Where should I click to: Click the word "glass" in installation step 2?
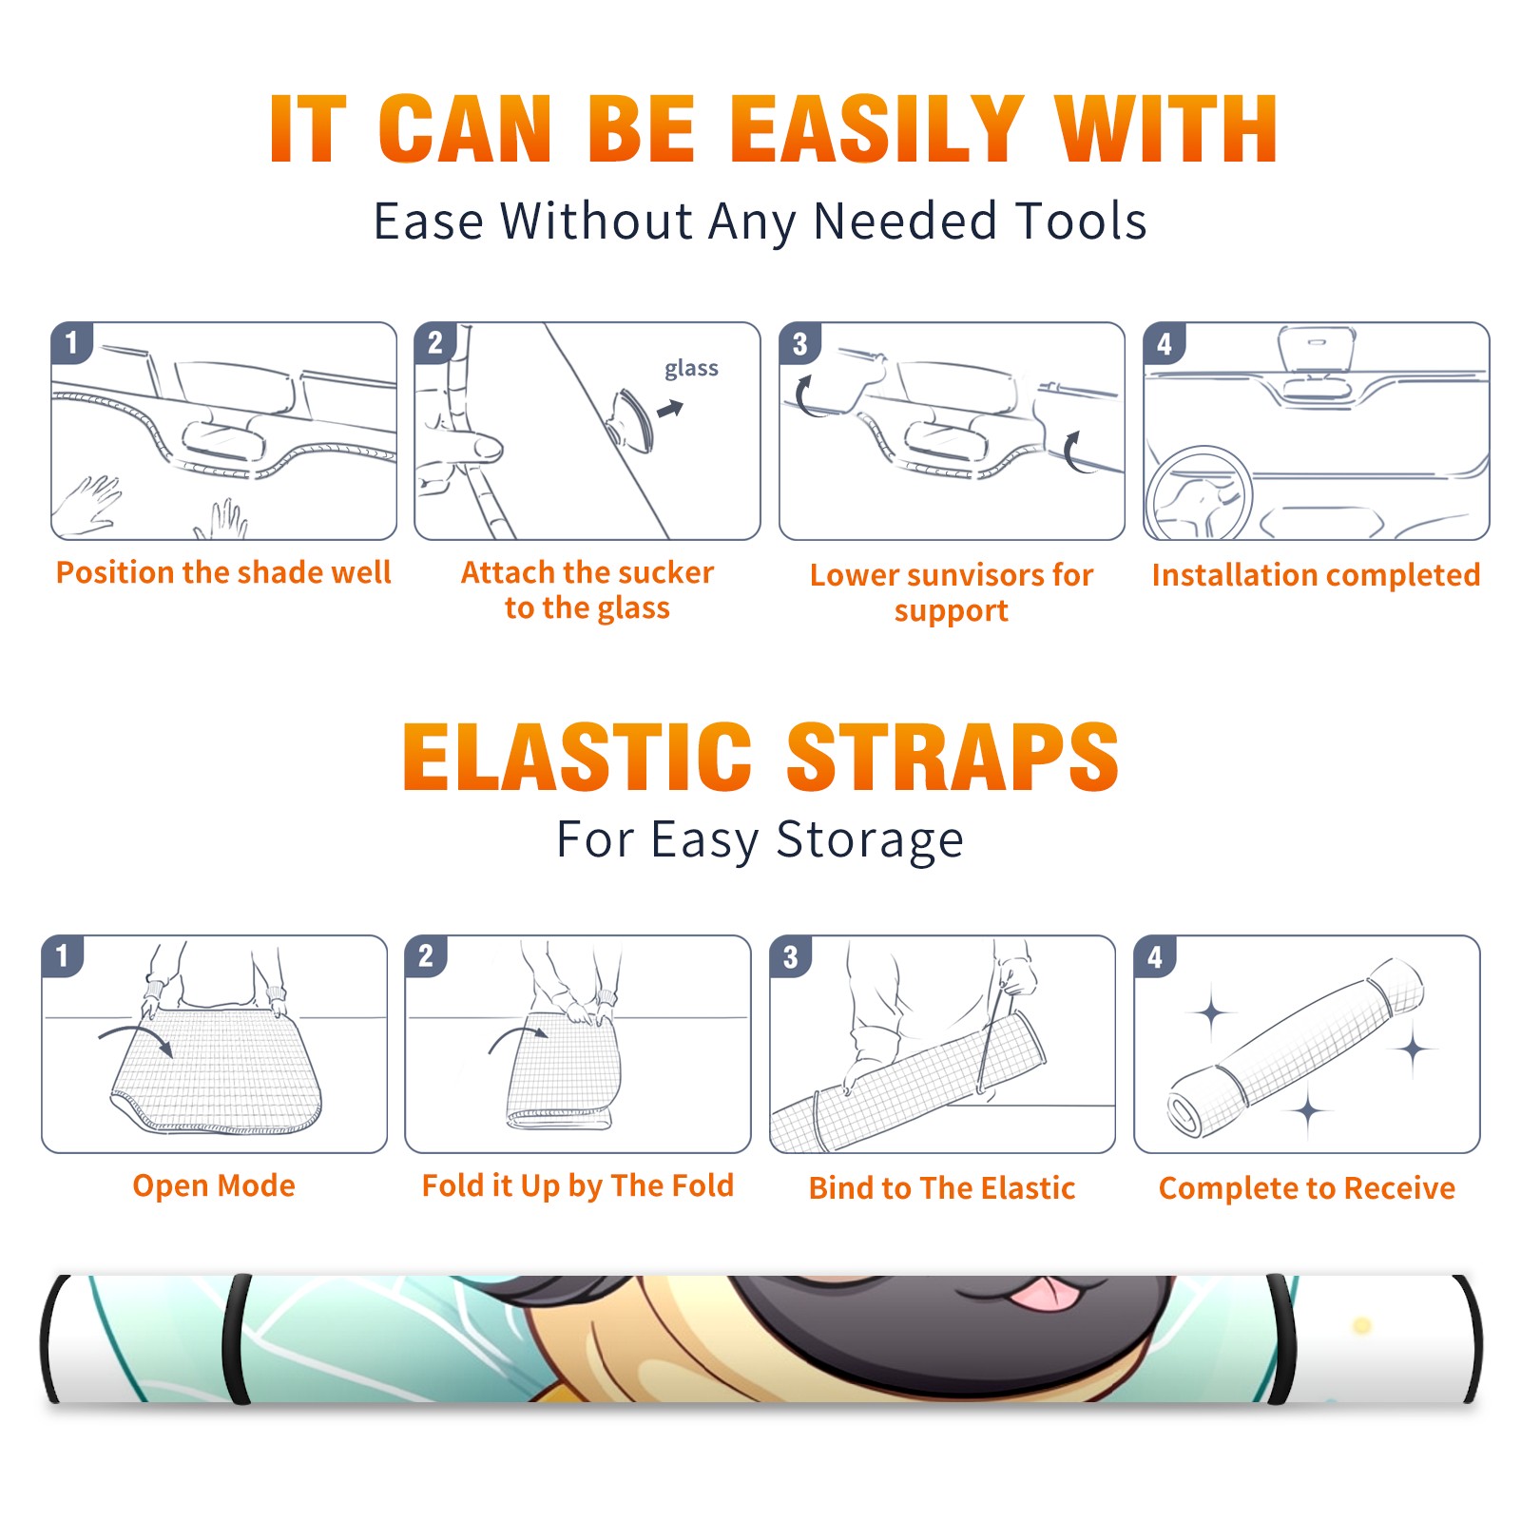[x=691, y=370]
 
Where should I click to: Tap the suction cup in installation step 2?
[x=633, y=418]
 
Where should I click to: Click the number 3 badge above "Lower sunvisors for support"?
[x=800, y=343]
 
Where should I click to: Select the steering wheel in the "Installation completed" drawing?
[x=1200, y=494]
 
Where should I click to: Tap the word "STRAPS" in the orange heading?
[x=953, y=757]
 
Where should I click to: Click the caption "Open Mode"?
[x=214, y=1186]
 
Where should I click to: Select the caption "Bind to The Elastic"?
[x=942, y=1188]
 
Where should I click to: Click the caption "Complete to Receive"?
[x=1307, y=1188]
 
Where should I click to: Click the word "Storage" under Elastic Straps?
[x=870, y=840]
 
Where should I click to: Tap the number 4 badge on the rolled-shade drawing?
[x=1155, y=956]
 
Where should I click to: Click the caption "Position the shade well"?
[x=224, y=573]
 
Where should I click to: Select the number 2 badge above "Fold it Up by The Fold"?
[x=426, y=955]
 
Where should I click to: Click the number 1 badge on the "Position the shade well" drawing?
[x=71, y=343]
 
